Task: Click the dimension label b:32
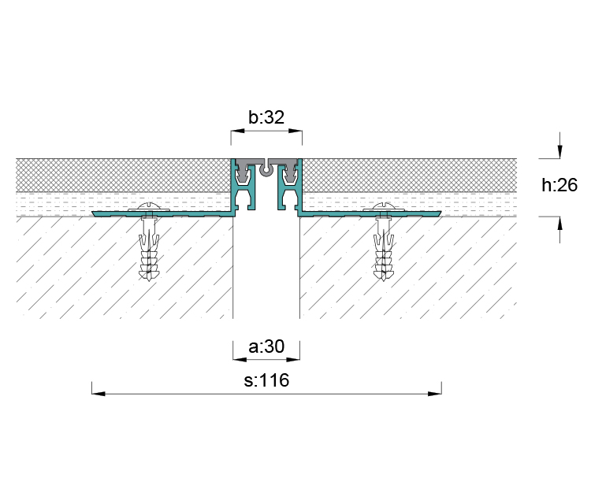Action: click(x=266, y=117)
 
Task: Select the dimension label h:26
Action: click(x=559, y=185)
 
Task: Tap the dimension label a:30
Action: click(x=266, y=346)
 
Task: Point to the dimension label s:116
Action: click(x=266, y=380)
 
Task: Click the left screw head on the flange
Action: click(x=149, y=207)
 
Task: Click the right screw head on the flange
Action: click(x=384, y=207)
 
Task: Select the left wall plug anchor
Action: click(x=149, y=249)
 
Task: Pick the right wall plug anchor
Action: click(x=384, y=249)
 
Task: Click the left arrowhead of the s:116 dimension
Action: click(x=98, y=394)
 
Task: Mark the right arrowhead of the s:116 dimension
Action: click(x=435, y=394)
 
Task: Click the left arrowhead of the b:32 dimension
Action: click(x=237, y=131)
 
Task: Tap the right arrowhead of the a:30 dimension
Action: click(x=293, y=360)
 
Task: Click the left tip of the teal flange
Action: click(x=92, y=213)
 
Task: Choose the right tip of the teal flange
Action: click(x=441, y=213)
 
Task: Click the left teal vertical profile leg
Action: click(x=234, y=187)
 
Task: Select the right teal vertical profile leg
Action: click(x=299, y=187)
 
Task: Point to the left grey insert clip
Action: click(x=245, y=172)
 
